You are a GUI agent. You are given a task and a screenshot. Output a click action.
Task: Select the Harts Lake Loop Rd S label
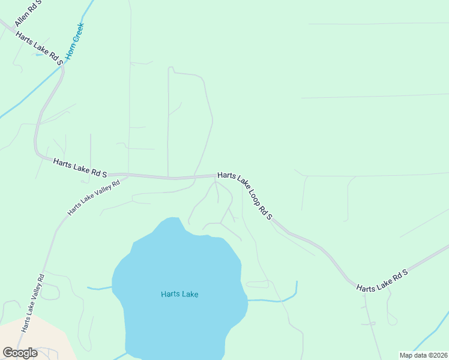coord(245,196)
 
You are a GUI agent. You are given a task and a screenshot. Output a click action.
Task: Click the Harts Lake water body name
coord(179,294)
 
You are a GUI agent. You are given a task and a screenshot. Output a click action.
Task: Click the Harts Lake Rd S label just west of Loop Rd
coord(80,168)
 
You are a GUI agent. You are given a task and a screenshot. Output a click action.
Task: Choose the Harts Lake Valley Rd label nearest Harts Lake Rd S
coord(94,197)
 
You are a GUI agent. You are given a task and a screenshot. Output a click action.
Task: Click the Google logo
coord(20,353)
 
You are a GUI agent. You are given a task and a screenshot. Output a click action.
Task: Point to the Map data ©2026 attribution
coord(423,355)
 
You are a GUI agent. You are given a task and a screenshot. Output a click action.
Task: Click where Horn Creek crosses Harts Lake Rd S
coord(62,68)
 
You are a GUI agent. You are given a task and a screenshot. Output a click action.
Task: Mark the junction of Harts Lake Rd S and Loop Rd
coord(216,176)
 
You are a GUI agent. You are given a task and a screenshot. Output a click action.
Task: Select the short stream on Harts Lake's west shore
coord(99,289)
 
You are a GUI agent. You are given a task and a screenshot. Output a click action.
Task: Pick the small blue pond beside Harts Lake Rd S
coord(40,55)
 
